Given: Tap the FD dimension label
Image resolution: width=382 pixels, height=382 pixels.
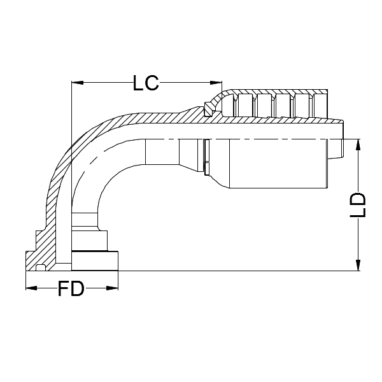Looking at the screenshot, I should (x=71, y=289).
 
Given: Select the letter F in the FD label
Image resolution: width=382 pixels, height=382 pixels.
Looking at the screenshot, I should (x=64, y=289).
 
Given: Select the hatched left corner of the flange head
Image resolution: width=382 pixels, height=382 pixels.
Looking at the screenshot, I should (x=32, y=261).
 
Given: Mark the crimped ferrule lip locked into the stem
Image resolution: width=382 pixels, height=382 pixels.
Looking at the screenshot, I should (x=208, y=110).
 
